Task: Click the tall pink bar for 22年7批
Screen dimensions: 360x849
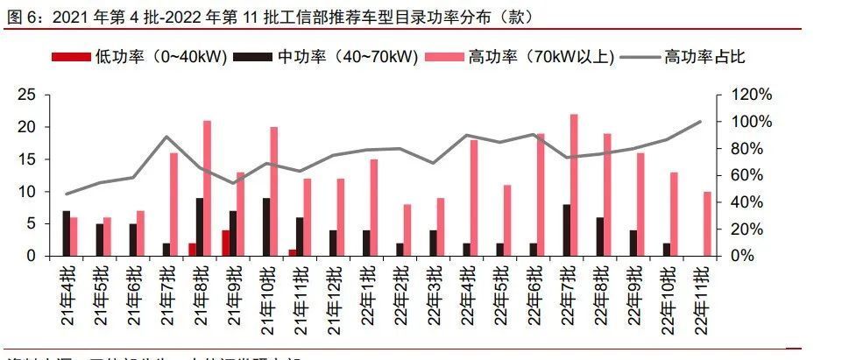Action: [574, 185]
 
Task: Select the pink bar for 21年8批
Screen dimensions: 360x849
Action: [208, 187]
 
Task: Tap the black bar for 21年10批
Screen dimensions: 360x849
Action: [265, 227]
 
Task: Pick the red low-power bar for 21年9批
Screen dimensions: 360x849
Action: [225, 243]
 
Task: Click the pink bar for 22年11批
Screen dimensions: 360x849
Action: [707, 223]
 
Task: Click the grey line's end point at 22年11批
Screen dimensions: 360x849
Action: [701, 122]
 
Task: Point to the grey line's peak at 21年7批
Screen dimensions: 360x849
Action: [166, 137]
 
